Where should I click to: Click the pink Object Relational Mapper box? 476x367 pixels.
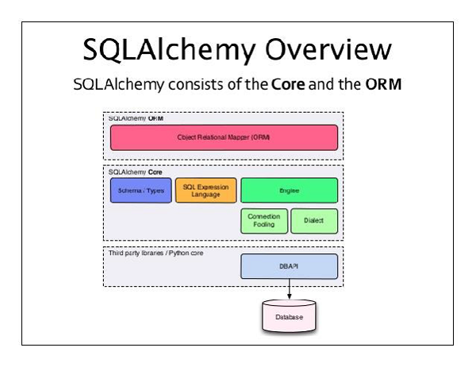(x=224, y=137)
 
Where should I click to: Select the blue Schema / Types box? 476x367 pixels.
(x=140, y=191)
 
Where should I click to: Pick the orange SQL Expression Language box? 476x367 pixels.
(x=205, y=191)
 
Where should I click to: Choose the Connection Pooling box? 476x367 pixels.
(x=263, y=221)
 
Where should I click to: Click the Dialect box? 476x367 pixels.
(x=314, y=221)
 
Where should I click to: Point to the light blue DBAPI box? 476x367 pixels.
(x=290, y=266)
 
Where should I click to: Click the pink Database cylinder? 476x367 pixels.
(x=290, y=315)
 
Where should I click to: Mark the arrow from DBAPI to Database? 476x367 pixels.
(x=290, y=289)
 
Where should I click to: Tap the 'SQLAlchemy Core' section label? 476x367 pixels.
(x=132, y=171)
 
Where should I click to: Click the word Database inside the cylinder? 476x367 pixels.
(x=290, y=318)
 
